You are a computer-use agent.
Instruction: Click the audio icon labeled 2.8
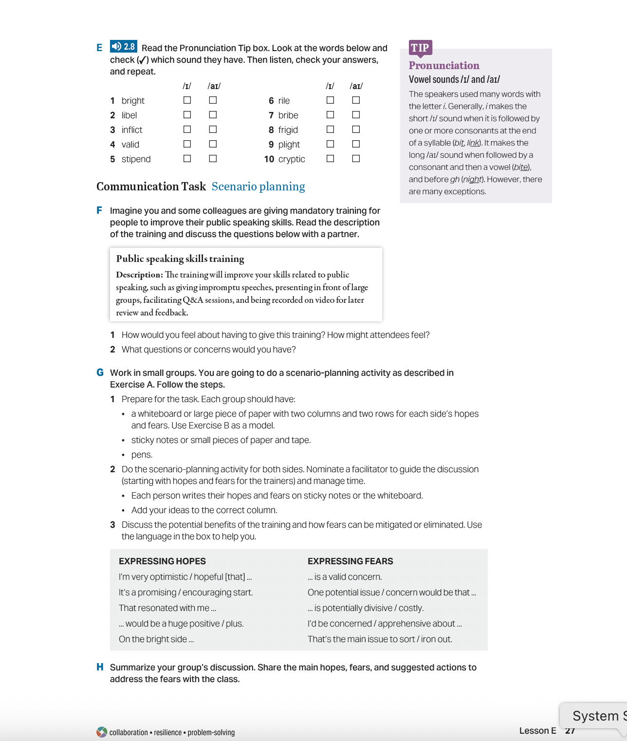123,47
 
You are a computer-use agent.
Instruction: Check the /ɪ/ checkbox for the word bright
187,100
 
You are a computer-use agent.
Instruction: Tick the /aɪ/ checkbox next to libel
213,115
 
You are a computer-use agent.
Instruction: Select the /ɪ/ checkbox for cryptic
330,159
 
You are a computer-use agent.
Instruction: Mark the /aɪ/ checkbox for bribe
356,115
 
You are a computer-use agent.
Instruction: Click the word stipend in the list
136,159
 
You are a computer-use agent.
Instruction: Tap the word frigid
288,130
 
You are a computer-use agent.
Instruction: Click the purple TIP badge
420,48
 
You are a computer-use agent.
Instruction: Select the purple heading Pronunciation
444,66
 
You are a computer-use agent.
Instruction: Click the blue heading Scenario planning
258,186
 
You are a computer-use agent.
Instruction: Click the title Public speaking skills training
180,259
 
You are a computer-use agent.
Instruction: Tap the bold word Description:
139,275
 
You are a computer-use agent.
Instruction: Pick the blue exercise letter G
100,372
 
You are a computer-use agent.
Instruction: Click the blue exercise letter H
100,667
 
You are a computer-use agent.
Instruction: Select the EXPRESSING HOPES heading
162,561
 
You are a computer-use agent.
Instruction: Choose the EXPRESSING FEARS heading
350,561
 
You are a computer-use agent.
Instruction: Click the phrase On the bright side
156,639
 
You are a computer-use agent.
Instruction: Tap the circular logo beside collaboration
102,732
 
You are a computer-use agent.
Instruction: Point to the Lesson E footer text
537,731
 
